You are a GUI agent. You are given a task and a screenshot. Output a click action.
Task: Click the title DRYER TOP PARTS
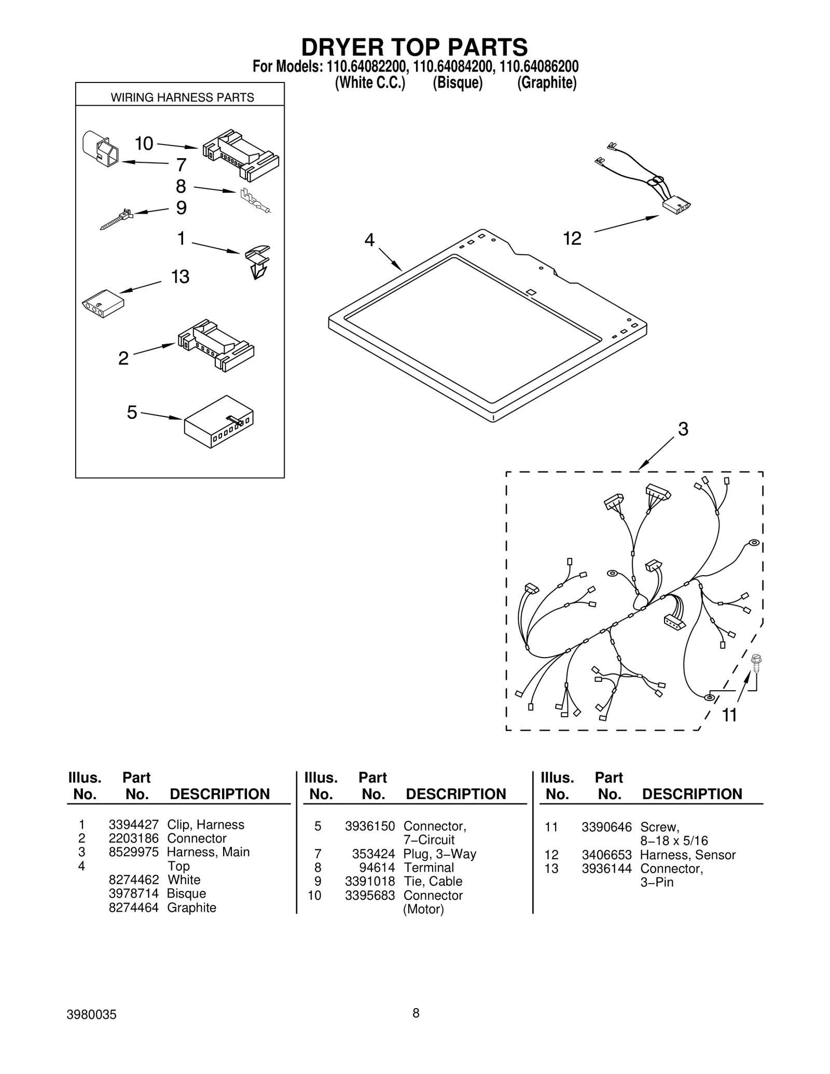414,47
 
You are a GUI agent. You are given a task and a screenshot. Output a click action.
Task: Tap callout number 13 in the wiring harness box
180,277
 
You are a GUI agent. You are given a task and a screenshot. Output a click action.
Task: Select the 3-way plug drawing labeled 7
100,148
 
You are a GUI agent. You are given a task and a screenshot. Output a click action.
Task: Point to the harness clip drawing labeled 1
258,261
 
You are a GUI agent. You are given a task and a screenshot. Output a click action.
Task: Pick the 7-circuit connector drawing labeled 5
219,422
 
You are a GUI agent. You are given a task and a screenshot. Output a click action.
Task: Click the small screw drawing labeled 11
756,663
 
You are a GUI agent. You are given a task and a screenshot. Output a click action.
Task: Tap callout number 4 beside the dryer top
369,240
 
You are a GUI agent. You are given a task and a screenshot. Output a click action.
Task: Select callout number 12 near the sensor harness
572,239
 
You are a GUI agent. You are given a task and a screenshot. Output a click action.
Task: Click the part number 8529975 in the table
133,852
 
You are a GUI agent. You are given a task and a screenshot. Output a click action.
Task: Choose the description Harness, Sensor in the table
687,855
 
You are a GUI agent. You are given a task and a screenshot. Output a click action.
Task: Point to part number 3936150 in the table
370,826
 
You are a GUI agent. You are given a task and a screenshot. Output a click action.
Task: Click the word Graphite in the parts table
191,908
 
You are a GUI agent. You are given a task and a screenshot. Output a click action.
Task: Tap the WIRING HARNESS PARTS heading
182,97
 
